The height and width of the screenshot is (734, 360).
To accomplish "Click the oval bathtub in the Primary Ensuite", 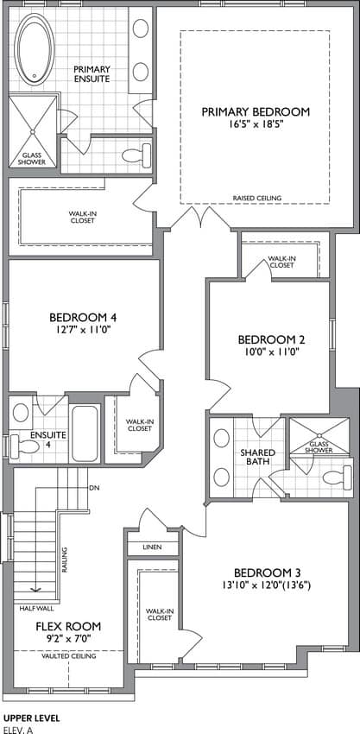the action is (x=35, y=49).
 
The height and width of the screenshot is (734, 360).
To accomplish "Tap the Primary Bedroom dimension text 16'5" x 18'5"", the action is (x=256, y=125).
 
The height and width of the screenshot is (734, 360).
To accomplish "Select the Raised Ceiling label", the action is (x=257, y=199).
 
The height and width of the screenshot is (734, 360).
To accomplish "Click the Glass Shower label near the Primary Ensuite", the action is (x=33, y=159).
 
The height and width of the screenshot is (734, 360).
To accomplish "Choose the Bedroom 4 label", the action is (x=83, y=318).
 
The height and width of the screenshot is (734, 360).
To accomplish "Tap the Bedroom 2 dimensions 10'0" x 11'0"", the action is (x=268, y=351).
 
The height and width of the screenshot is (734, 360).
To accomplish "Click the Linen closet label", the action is (x=153, y=547).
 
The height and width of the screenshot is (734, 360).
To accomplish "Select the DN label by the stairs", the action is (x=94, y=488).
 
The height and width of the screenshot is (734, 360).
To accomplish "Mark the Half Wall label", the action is (x=37, y=609).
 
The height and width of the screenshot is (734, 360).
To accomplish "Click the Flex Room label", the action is (x=68, y=626).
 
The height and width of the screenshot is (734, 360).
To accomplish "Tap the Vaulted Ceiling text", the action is (x=69, y=656).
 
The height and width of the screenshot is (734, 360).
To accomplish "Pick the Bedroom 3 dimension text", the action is (x=268, y=585).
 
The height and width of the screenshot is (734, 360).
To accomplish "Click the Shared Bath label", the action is (x=257, y=458).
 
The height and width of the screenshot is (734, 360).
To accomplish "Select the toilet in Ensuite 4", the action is (x=24, y=446).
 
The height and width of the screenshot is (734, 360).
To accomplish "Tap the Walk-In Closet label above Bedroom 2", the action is (x=281, y=262).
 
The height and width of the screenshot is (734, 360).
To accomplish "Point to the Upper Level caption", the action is (x=31, y=718).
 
